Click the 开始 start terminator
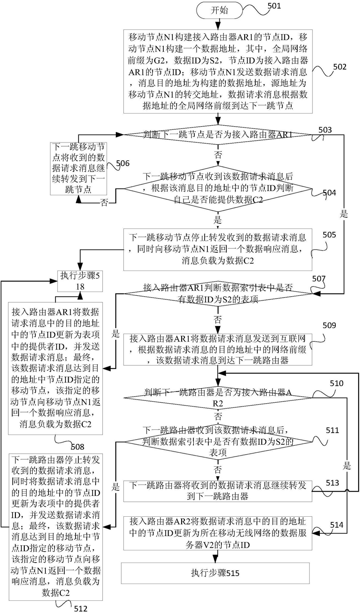point(219,11)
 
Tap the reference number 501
point(274,6)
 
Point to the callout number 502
point(339,67)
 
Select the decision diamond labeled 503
point(218,135)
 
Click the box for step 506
point(78,168)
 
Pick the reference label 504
point(329,192)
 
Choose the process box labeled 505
point(218,249)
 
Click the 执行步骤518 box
point(80,281)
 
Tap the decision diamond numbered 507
point(218,293)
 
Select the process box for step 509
point(218,349)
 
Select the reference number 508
point(78,447)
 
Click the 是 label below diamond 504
point(218,220)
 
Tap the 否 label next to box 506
point(104,203)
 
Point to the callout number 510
point(337,383)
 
